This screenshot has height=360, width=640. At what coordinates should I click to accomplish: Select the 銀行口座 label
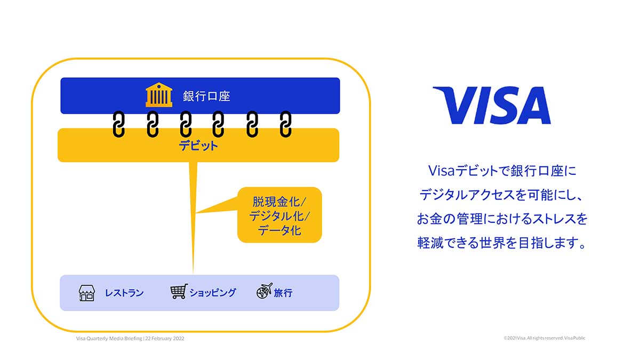click(x=206, y=96)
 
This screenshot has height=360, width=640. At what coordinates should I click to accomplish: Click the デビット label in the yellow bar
click(x=198, y=145)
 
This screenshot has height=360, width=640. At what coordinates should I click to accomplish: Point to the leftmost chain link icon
click(x=118, y=124)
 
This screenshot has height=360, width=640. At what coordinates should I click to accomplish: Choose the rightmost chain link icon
click(x=286, y=124)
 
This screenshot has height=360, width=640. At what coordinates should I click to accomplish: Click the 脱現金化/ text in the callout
click(x=280, y=203)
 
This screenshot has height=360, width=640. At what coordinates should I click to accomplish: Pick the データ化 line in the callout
click(x=280, y=230)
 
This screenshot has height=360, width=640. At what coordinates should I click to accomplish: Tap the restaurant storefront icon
click(x=86, y=293)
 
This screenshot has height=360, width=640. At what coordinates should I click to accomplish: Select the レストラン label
click(x=124, y=293)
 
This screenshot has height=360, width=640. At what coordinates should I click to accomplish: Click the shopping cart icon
click(x=179, y=292)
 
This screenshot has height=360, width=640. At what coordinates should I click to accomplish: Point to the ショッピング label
click(x=212, y=293)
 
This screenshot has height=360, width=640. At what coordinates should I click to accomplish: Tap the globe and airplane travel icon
click(x=264, y=291)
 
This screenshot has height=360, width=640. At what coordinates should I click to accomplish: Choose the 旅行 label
click(x=283, y=293)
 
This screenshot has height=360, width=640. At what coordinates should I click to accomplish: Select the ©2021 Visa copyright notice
click(x=544, y=338)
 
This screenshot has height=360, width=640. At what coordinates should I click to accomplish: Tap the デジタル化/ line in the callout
click(x=280, y=217)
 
